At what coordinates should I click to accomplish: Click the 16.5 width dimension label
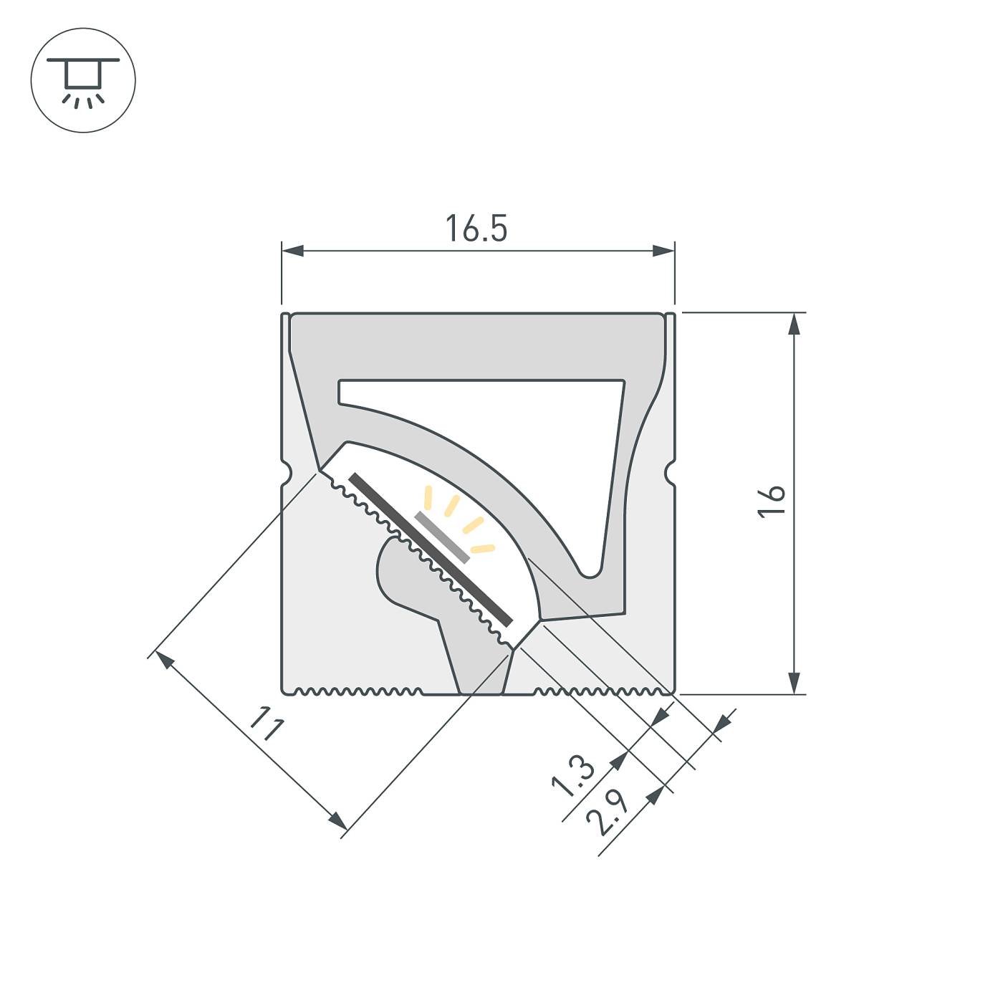(x=476, y=229)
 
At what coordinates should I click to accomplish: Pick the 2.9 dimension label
(x=607, y=812)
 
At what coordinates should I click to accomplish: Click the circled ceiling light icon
(x=83, y=80)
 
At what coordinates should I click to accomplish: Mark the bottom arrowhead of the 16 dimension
(x=794, y=683)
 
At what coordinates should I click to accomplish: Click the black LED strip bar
(x=430, y=549)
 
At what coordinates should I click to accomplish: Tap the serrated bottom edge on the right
(x=602, y=691)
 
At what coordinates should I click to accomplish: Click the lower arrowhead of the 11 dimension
(x=338, y=821)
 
